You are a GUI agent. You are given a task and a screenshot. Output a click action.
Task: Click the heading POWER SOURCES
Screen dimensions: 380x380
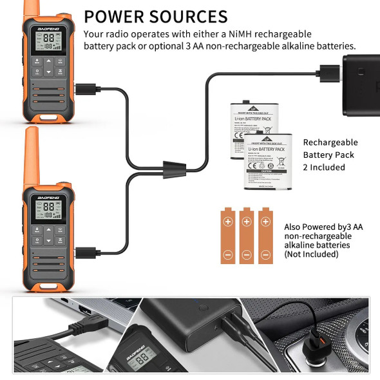click(x=155, y=16)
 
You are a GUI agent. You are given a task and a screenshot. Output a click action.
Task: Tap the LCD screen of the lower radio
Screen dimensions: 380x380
click(x=48, y=209)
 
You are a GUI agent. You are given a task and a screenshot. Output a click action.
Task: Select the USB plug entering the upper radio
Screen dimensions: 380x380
click(x=86, y=89)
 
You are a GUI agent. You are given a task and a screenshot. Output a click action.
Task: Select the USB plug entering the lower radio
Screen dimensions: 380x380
click(x=86, y=252)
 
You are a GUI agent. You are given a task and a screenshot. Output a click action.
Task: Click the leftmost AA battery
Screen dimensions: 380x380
click(x=227, y=236)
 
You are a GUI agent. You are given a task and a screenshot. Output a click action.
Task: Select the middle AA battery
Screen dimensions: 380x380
click(x=246, y=236)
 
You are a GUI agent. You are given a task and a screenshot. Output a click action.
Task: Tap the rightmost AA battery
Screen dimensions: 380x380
click(x=265, y=236)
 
